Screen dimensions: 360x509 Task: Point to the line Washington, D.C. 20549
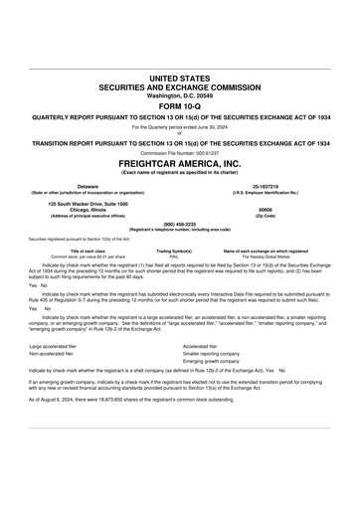[180, 95]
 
